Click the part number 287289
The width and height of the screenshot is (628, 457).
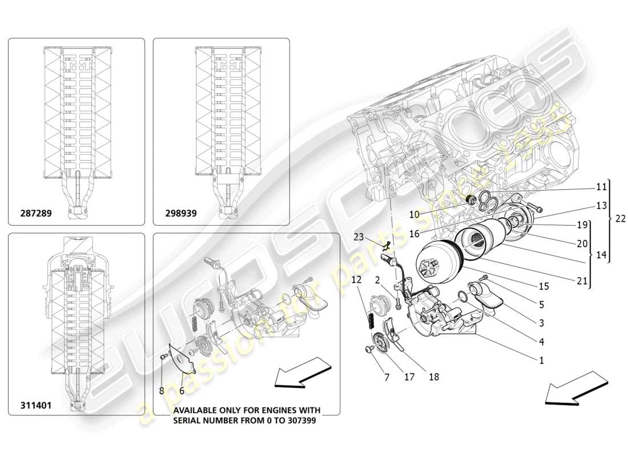click(35, 214)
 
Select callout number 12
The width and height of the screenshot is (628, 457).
click(356, 280)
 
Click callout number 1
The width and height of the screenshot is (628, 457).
click(541, 360)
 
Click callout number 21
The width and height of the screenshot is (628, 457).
click(582, 280)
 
